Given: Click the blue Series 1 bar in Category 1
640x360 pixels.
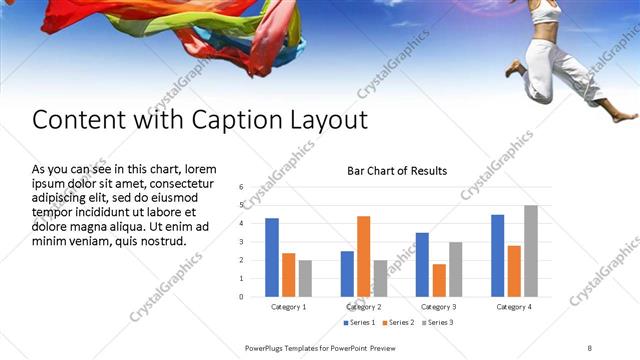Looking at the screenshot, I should pos(272,257).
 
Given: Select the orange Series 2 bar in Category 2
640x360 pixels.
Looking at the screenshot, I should pos(363,256).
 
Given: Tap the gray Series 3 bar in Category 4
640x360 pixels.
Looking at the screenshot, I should pos(530,250).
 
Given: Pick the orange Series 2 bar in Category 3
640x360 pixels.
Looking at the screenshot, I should pos(439,280).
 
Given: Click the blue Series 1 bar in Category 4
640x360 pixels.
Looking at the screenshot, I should pos(497,255).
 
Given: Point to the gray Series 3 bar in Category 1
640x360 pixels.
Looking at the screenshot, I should pos(305,278).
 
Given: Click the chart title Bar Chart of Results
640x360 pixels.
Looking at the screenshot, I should pos(397,171).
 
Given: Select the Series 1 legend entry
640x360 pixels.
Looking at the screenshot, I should pos(361,323).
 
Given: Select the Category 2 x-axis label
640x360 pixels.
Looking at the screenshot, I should pos(364,306).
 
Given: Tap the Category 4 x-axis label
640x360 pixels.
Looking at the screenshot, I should pos(514,306).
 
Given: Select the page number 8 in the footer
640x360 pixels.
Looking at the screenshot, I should pos(590,347).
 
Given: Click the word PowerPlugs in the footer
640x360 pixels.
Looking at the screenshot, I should pos(265,347).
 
